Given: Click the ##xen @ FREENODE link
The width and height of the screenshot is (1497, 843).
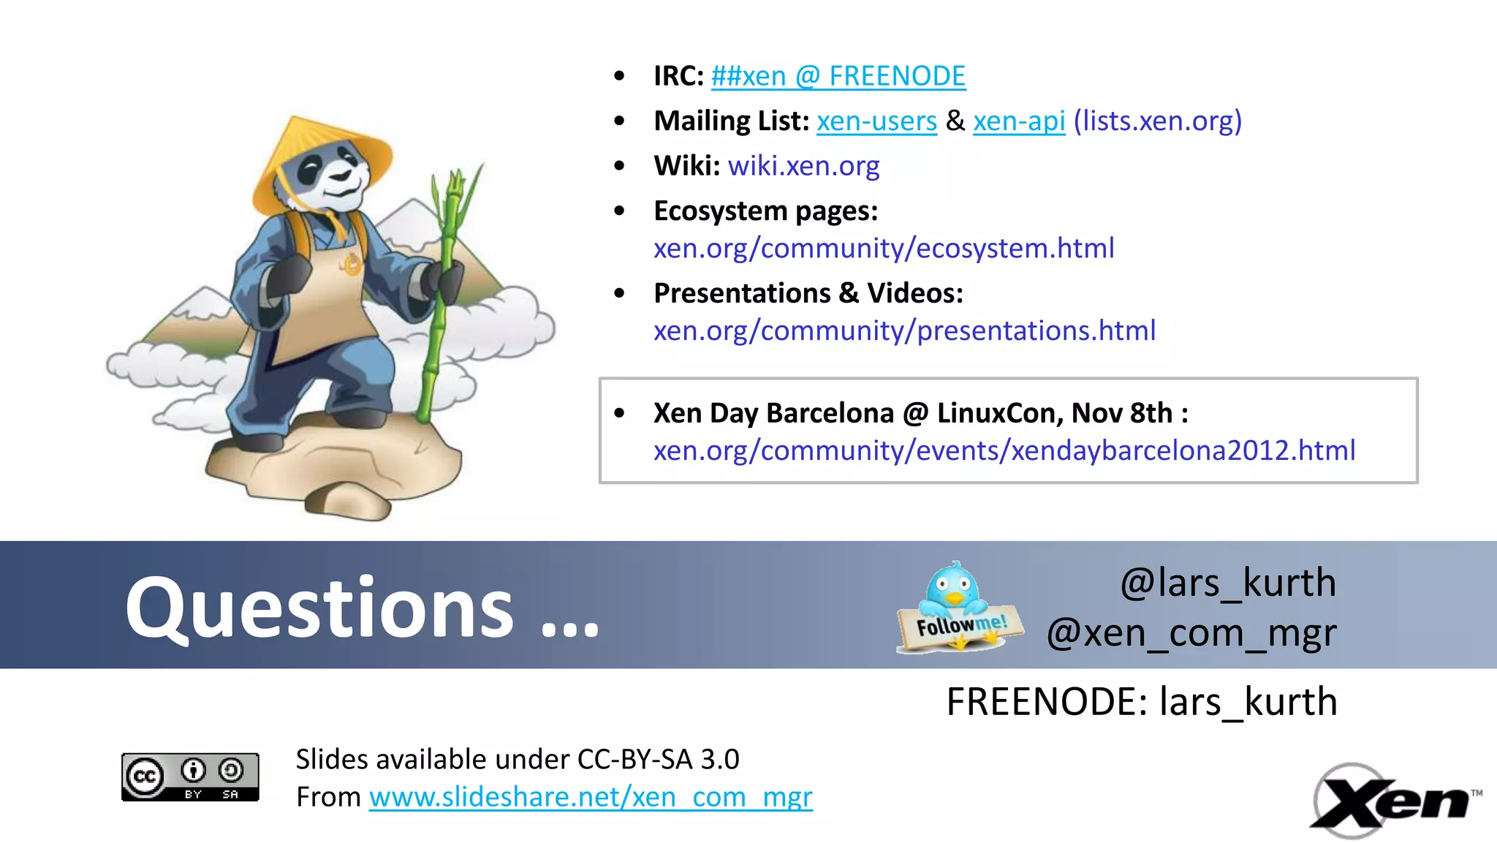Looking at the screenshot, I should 838,76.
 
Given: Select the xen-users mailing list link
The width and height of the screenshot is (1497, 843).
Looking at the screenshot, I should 876,121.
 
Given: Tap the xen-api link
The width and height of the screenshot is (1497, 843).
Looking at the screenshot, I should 1018,121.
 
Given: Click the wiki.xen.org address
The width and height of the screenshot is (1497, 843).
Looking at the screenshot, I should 803,166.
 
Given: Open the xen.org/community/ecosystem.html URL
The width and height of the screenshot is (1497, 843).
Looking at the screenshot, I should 883,249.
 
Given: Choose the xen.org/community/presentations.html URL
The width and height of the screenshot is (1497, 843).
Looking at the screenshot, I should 904,331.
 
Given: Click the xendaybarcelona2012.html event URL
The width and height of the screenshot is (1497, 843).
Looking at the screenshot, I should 1004,451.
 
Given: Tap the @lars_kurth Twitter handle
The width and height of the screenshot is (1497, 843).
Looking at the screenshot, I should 1227,583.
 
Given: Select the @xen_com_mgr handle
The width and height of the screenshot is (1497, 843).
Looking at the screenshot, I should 1191,633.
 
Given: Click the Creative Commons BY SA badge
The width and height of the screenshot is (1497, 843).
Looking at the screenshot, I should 190,776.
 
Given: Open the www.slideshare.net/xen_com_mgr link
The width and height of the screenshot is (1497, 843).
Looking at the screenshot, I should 590,797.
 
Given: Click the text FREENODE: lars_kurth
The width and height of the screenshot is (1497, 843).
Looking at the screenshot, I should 1141,703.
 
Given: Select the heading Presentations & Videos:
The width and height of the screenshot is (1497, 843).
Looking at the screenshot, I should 808,293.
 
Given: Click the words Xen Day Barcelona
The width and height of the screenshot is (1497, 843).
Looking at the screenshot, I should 773,414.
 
